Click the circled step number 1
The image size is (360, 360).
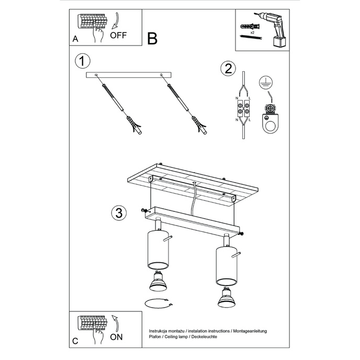point(83,61)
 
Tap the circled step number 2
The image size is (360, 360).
point(228,69)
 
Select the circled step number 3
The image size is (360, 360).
point(119,212)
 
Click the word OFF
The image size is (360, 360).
point(118,35)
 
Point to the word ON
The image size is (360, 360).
point(116,337)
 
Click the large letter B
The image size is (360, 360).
point(152,38)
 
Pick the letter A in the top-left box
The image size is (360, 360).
point(75,39)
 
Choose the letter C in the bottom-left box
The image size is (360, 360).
point(75,341)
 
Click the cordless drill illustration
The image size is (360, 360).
point(273,30)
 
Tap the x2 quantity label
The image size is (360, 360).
point(252,32)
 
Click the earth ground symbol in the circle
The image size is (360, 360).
point(266,82)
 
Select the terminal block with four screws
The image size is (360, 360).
point(243,109)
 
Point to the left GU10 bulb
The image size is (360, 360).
point(157,281)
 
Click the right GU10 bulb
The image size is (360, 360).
point(226,297)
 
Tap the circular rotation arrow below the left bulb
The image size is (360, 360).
point(159,303)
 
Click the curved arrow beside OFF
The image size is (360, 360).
point(117,21)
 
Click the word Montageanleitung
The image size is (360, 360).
point(250,331)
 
